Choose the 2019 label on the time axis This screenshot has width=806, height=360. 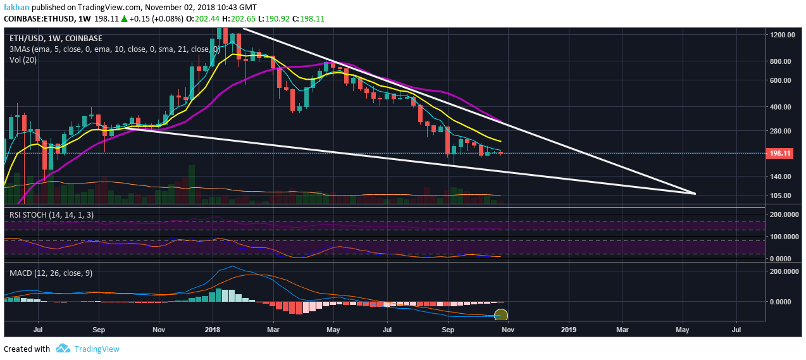click(x=569, y=330)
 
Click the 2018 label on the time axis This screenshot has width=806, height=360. click(x=213, y=330)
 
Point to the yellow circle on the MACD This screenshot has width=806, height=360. click(x=500, y=314)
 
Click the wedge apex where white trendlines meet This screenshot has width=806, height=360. click(x=695, y=194)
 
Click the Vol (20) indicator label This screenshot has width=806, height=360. click(x=24, y=59)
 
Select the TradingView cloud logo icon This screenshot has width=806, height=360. click(x=62, y=349)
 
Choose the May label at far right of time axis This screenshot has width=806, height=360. click(x=683, y=330)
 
